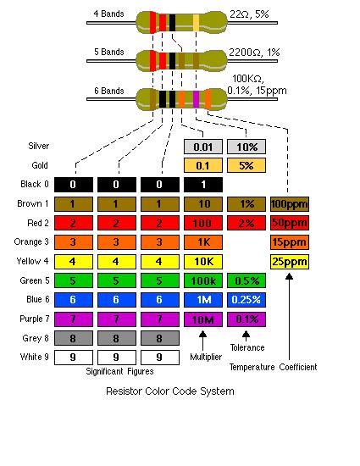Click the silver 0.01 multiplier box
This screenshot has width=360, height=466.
coord(203,147)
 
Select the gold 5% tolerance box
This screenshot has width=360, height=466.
coord(246,165)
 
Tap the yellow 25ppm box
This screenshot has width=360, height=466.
coord(290,262)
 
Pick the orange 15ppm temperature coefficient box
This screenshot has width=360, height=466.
coord(290,242)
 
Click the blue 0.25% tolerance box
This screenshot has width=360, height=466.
coord(246,300)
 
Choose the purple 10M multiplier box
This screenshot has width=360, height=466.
coord(203,319)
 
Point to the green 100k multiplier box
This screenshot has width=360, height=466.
coord(203,280)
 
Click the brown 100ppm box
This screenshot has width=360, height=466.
coord(290,204)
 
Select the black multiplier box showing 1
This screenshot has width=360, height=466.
coord(203,185)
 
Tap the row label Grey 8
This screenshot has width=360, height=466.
coord(36,338)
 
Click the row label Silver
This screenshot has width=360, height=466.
coord(38,146)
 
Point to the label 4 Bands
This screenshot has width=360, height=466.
coord(108,14)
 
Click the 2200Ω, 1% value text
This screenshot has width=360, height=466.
coord(254,53)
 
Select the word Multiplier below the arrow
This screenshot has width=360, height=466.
coord(206,357)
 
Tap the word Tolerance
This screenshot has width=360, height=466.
coord(247,347)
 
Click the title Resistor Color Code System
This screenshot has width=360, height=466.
coord(170,391)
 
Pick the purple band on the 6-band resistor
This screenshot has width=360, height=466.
coord(196,99)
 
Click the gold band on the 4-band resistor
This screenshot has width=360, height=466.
coord(196,23)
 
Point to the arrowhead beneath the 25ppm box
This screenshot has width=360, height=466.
coord(290,277)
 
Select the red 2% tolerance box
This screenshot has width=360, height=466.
coord(246,223)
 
